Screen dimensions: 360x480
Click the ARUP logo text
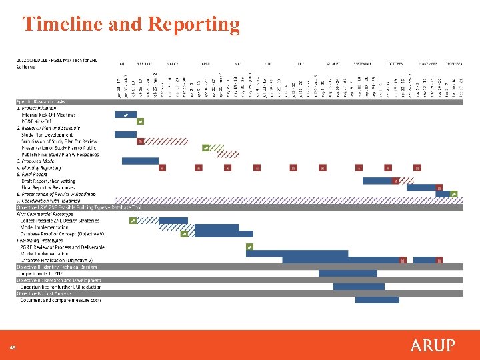(x=433, y=345)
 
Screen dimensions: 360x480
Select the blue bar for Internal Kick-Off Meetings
(x=125, y=115)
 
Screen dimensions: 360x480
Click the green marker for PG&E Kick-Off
(x=140, y=121)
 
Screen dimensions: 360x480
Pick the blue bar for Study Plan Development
(x=125, y=135)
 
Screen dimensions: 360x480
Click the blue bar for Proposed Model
(x=140, y=161)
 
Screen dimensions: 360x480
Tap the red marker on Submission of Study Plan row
(x=140, y=141)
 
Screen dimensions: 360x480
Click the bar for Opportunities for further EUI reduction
(x=359, y=287)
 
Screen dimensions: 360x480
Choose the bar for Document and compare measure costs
(x=377, y=300)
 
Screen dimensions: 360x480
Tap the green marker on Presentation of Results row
(x=454, y=194)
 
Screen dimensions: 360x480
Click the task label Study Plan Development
(x=47, y=135)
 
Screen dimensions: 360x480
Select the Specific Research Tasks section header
(x=41, y=101)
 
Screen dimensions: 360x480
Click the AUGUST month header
(x=333, y=64)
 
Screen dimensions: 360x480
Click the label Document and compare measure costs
(x=61, y=300)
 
